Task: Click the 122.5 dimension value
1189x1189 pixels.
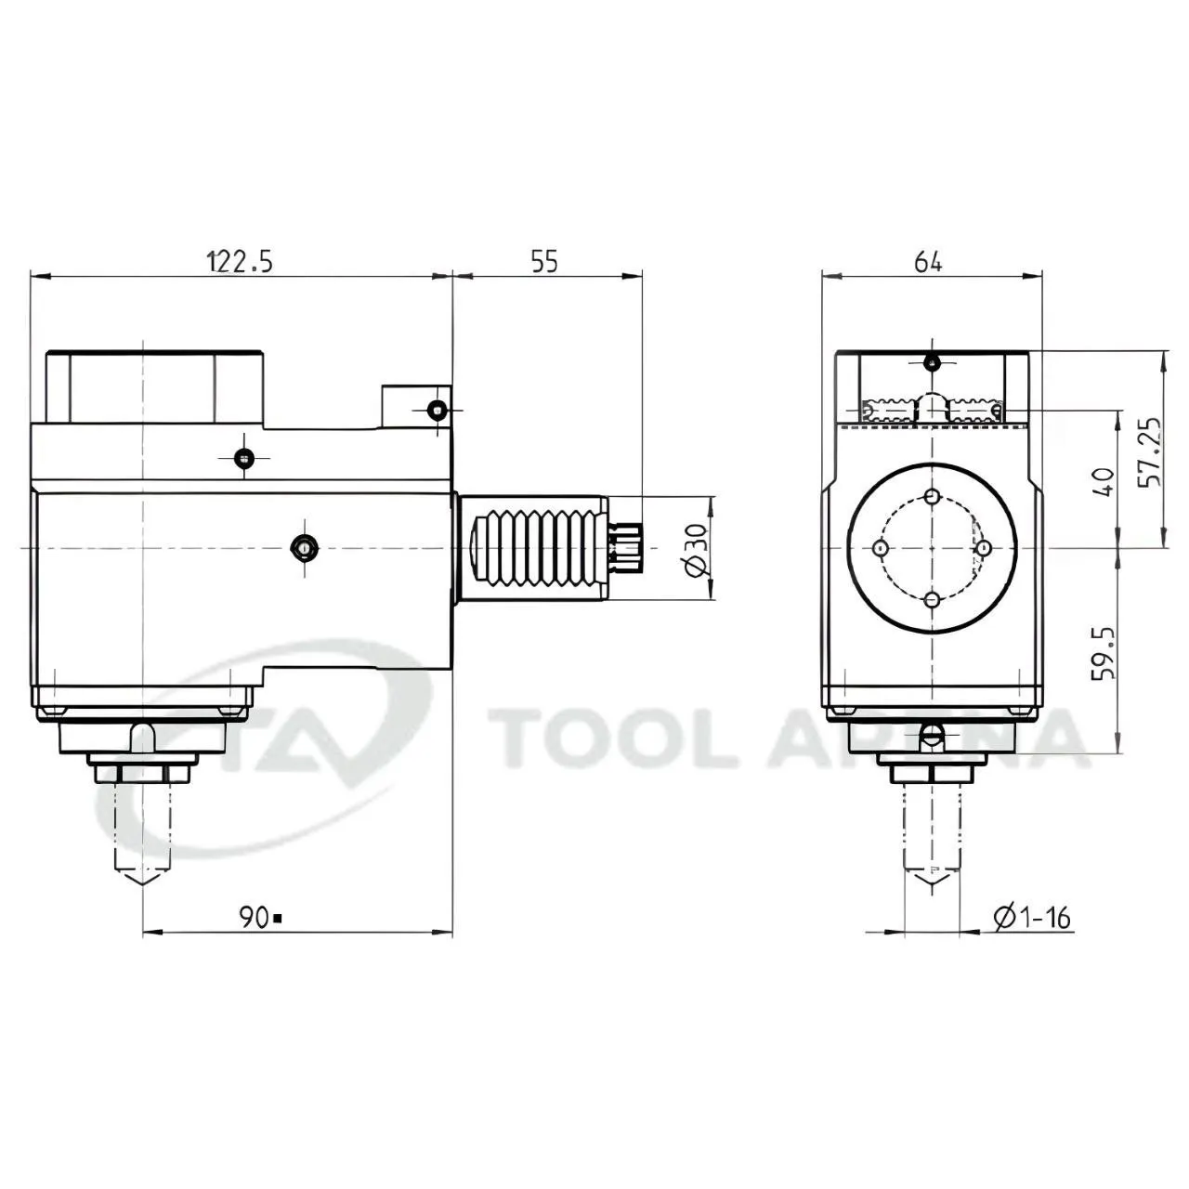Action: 241,262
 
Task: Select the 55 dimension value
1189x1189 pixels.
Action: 544,262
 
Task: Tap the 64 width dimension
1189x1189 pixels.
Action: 928,262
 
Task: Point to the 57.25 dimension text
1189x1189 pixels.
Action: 1149,452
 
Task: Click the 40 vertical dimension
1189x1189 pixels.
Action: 1104,482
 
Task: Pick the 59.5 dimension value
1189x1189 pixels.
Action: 1104,654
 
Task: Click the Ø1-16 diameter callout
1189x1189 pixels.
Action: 1032,918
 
